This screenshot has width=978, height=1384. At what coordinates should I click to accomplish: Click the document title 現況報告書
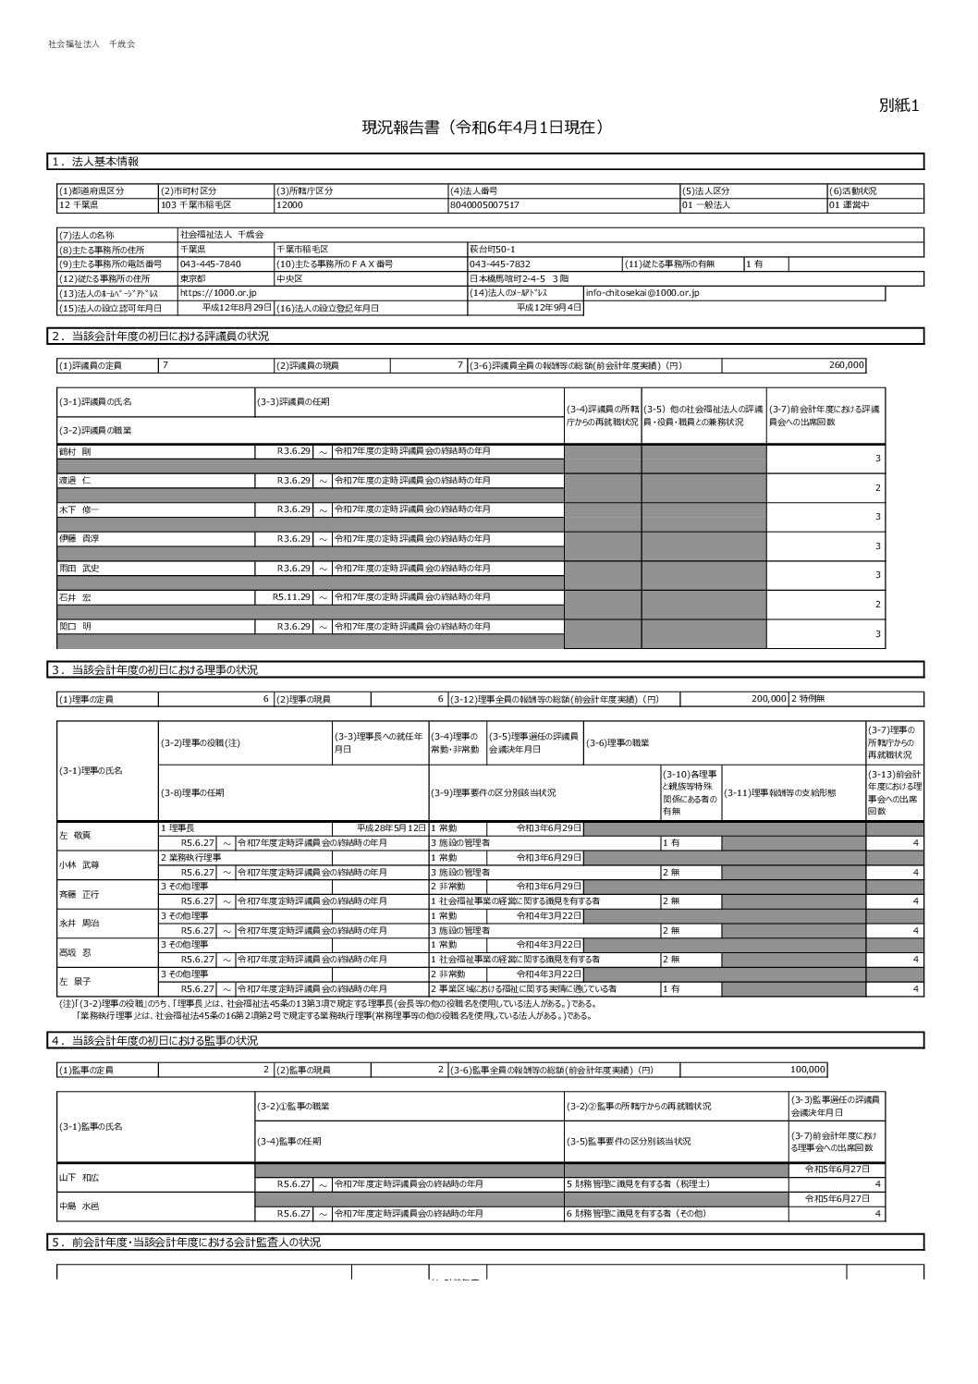(483, 129)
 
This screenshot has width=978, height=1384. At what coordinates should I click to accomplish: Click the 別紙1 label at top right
(899, 106)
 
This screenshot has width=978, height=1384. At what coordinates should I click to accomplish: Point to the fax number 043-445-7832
(500, 263)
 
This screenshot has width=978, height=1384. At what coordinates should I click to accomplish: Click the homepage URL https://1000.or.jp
(218, 293)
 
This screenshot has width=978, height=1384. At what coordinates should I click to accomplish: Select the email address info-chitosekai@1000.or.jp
(642, 293)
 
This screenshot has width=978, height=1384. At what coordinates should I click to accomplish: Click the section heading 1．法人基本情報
(95, 162)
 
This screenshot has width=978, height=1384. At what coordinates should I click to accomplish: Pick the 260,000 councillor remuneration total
(846, 365)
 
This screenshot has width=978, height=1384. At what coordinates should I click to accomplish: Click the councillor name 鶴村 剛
(75, 451)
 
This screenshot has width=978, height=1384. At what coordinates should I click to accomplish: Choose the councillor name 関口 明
(75, 626)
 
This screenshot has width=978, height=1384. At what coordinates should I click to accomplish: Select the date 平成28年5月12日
(391, 827)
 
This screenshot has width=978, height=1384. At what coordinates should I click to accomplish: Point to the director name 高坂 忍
(76, 951)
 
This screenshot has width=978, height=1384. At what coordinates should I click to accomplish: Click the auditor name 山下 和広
(79, 1176)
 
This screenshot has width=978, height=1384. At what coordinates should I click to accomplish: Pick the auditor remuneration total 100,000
(807, 1070)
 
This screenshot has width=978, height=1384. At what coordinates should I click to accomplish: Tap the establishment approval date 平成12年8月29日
(237, 307)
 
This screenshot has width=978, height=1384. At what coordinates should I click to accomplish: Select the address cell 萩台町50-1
(493, 249)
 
